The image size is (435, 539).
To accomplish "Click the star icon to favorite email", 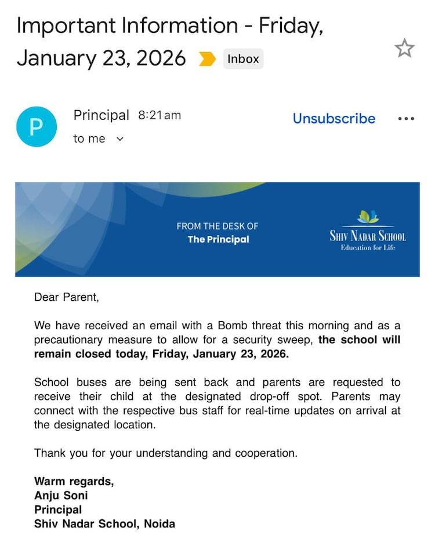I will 404,49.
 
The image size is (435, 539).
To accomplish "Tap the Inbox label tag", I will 243,59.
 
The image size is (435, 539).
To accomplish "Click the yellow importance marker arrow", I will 207,59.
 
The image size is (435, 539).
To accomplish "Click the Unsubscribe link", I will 333,119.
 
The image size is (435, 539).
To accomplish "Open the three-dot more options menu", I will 406,119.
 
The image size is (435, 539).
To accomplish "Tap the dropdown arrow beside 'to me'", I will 120,139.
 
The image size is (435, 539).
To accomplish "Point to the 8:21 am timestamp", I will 159,115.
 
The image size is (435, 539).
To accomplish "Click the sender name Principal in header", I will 101,115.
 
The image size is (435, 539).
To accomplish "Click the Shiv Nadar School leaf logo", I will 368,217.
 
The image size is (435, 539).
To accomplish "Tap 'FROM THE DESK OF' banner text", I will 217,226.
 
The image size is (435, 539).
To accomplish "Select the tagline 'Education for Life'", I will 368,248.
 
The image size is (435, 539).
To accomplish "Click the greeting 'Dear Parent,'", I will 67,297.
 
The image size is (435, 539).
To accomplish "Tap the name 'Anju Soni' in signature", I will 61,496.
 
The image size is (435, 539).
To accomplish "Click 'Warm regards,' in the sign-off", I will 74,481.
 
